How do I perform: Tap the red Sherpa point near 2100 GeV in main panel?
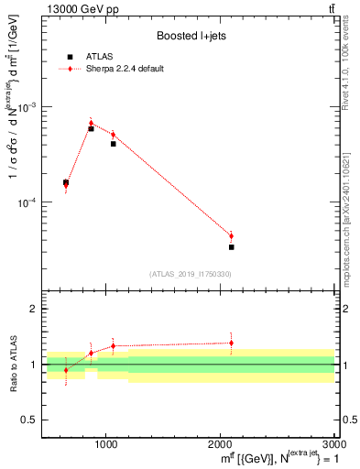231,235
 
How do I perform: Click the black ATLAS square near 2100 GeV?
231,247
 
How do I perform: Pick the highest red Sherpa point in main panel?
91,123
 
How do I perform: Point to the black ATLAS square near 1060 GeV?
113,144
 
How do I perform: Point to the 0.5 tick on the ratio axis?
30,420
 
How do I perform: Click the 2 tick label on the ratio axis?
33,310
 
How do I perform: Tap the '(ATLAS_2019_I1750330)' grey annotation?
191,274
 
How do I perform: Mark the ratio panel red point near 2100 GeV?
231,343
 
